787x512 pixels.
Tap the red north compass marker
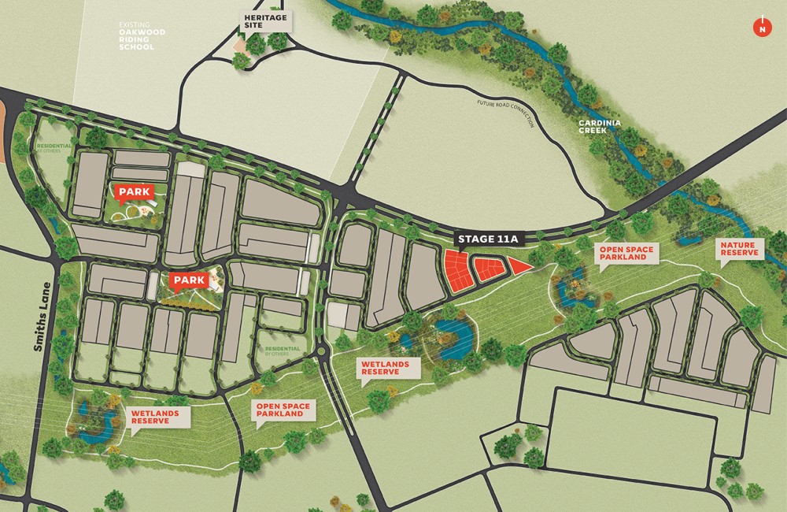pyautogui.click(x=761, y=27)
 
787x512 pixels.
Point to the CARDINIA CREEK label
pyautogui.click(x=603, y=125)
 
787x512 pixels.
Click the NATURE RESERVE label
pyautogui.click(x=737, y=250)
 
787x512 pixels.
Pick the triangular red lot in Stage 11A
pyautogui.click(x=518, y=266)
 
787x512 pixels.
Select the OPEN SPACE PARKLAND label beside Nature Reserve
pyautogui.click(x=626, y=254)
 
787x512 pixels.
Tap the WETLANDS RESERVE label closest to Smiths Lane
pyautogui.click(x=155, y=417)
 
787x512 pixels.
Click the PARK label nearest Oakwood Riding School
pyautogui.click(x=134, y=191)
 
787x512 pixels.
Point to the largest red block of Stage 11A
pyautogui.click(x=455, y=270)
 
